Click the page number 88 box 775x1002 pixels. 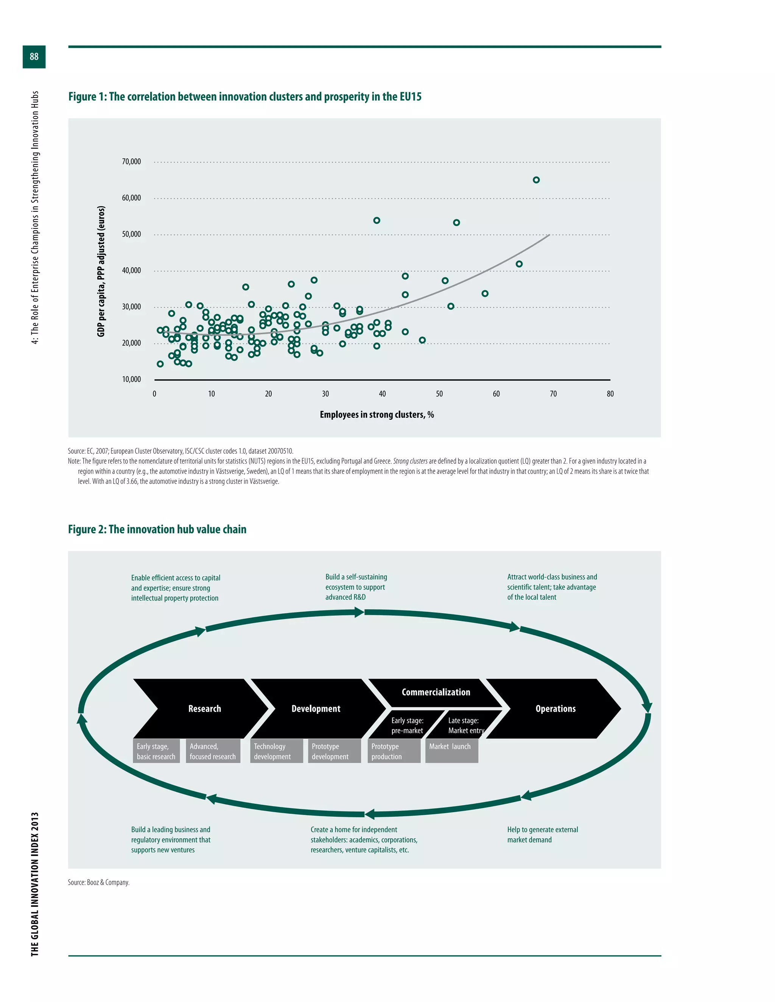click(x=34, y=57)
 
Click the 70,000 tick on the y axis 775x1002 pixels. click(x=131, y=161)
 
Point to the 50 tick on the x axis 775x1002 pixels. click(x=439, y=394)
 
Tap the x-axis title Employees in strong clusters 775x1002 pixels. click(x=377, y=415)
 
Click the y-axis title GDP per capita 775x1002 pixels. click(x=101, y=271)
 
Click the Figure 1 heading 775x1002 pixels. click(x=245, y=97)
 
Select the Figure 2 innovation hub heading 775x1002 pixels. click(x=157, y=529)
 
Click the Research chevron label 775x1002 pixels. click(x=204, y=709)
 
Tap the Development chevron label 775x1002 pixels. click(x=316, y=709)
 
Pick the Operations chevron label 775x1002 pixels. click(x=555, y=709)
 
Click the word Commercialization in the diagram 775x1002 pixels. click(x=436, y=692)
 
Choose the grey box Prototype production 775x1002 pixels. click(x=394, y=751)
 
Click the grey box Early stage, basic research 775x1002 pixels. click(x=156, y=751)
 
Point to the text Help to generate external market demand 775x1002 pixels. click(x=542, y=834)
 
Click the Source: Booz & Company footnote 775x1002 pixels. click(x=99, y=882)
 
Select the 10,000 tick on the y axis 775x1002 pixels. click(x=131, y=379)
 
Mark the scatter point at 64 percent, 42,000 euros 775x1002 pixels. click(x=519, y=264)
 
